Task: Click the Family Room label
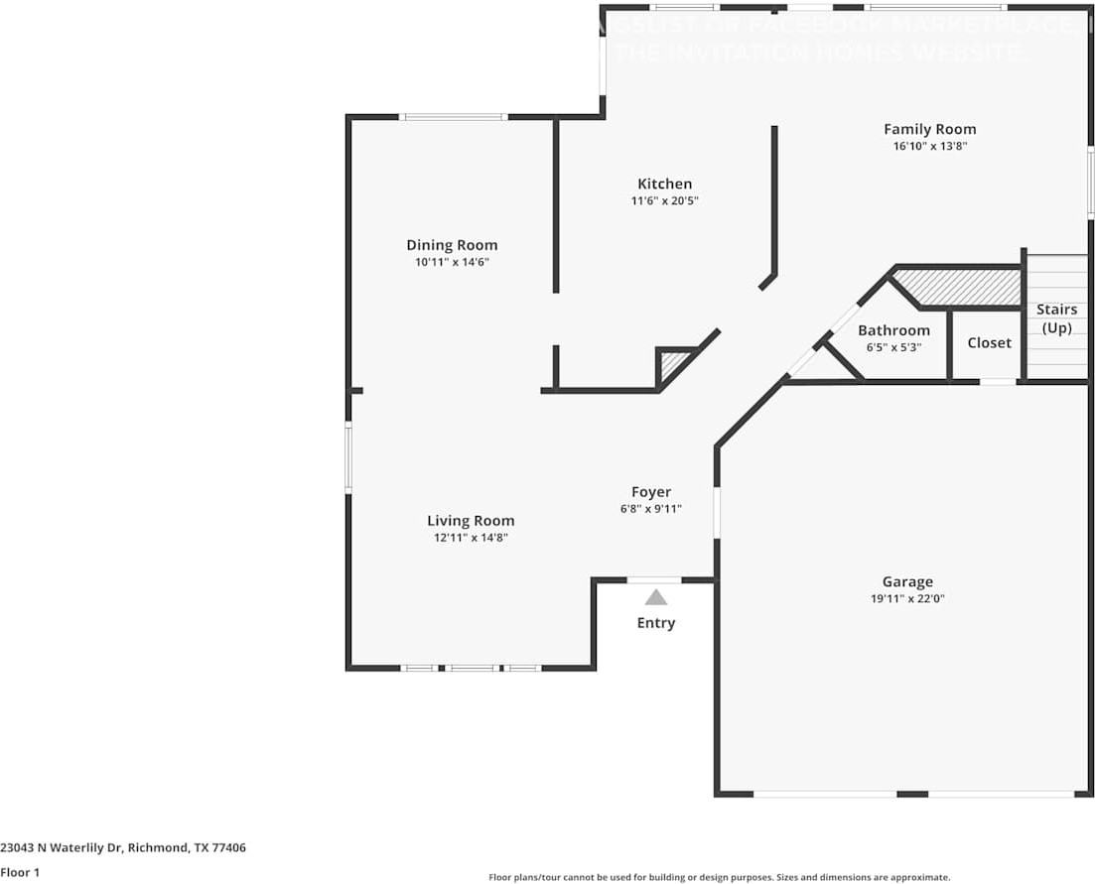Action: (929, 129)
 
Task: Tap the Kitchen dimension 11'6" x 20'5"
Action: (664, 200)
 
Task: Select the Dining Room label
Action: (452, 245)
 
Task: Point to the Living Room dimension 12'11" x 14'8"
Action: (471, 538)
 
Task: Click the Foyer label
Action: (651, 492)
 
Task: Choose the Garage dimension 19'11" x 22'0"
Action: (907, 599)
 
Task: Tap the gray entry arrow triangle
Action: (655, 597)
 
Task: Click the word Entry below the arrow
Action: (655, 623)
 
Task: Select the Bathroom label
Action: (893, 330)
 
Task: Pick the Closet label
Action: (989, 343)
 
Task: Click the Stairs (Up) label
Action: (1056, 318)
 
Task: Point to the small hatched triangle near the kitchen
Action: (673, 363)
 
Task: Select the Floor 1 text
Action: (20, 873)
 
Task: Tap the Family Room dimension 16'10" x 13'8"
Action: (929, 146)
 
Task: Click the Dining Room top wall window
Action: (454, 117)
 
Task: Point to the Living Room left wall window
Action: (348, 457)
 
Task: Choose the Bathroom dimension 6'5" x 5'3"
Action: (893, 347)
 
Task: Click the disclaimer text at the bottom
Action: (719, 877)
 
